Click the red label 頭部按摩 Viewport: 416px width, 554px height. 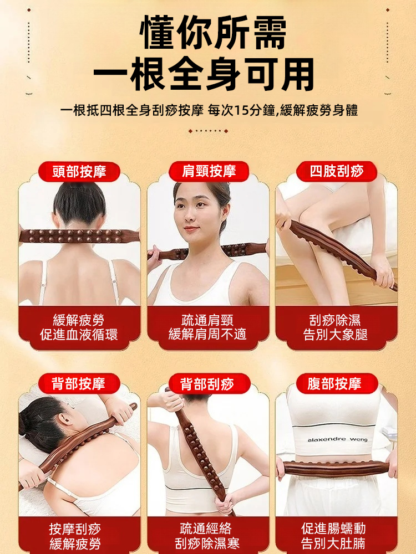[79, 172]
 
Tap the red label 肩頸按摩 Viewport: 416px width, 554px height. [209, 172]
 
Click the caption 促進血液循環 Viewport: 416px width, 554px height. [79, 335]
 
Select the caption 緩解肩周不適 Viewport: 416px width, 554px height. [208, 335]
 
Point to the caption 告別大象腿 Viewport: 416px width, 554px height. [336, 335]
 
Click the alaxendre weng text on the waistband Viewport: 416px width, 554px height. [337, 439]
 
